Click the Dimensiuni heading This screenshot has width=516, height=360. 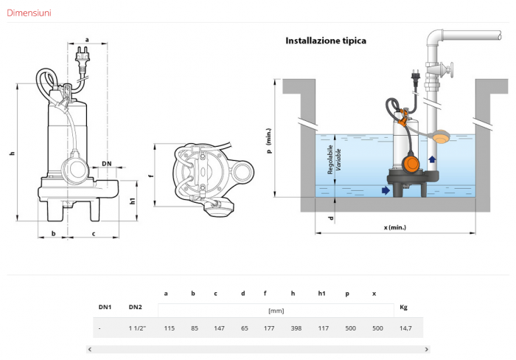pos(29,13)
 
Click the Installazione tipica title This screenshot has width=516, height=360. pos(325,41)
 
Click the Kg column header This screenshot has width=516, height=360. pos(403,306)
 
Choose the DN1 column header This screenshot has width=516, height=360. pos(105,306)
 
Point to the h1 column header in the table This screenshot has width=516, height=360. pos(321,294)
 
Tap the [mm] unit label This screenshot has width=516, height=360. pos(275,311)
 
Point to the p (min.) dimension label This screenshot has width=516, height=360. pos(269,140)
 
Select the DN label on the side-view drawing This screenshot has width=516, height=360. pos(107,163)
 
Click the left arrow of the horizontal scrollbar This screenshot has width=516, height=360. pos(90,349)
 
